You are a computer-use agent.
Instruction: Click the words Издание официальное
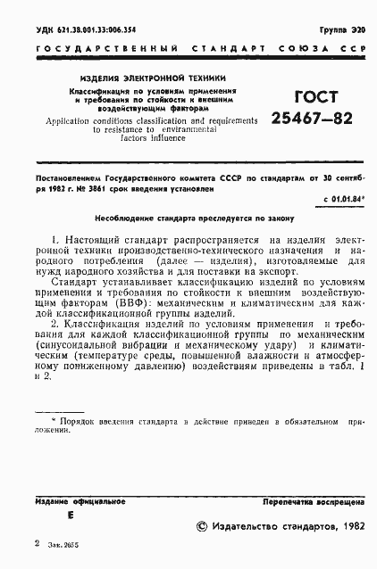click(73, 502)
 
